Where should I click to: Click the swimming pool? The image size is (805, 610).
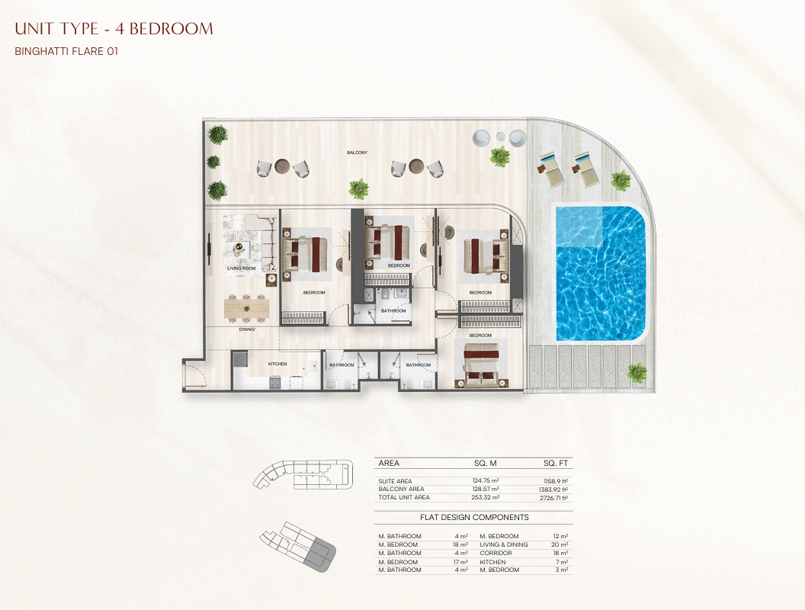pos(601,273)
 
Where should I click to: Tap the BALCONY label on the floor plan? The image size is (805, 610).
pos(357,152)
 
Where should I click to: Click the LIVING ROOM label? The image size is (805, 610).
pos(242,268)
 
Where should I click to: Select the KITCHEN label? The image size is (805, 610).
pos(277,364)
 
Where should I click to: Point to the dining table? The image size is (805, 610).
pos(246,308)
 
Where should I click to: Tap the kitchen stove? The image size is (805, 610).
pos(274,382)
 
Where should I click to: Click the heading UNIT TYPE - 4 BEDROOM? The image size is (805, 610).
pos(114,29)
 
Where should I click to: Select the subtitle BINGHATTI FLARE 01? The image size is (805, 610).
pos(67,51)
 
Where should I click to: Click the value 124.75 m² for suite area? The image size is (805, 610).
pos(485,481)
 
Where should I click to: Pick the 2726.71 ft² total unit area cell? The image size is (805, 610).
pos(553,498)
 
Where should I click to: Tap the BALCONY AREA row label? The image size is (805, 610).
pos(401,490)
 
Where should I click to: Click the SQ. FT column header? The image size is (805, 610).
pos(556,463)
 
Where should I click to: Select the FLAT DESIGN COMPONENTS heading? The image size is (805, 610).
pos(474,518)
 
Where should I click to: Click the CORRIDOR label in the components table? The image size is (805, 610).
pos(496,553)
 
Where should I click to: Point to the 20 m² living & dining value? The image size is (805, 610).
pos(560,544)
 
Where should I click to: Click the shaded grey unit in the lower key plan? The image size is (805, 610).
pos(319,554)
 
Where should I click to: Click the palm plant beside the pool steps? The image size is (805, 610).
pos(637,371)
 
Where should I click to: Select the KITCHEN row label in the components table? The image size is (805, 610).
pos(492,562)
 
